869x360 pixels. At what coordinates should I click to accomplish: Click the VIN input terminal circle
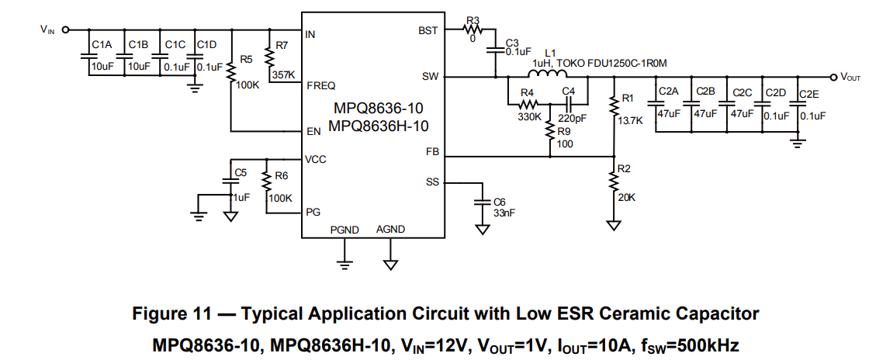(65, 30)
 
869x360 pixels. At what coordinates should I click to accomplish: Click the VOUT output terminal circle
(833, 77)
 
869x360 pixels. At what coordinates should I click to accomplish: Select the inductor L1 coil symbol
(547, 74)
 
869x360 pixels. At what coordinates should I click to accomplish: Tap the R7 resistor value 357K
(284, 74)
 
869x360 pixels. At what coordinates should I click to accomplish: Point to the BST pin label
(428, 31)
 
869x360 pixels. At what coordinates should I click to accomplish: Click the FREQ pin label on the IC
(320, 86)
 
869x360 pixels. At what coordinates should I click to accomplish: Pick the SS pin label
(432, 182)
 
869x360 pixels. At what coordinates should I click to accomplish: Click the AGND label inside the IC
(391, 229)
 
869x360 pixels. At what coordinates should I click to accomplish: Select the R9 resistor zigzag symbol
(549, 129)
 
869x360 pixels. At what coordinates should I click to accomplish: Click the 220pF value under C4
(573, 118)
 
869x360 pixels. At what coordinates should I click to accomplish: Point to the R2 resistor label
(625, 169)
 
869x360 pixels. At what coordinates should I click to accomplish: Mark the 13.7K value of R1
(631, 120)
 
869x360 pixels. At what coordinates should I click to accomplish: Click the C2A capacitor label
(667, 92)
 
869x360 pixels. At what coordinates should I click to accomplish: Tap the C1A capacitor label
(102, 44)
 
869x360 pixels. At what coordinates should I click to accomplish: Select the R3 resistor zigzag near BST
(473, 30)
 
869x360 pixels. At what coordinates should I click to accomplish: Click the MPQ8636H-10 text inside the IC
(378, 126)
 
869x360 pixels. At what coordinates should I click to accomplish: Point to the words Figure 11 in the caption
(171, 314)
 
